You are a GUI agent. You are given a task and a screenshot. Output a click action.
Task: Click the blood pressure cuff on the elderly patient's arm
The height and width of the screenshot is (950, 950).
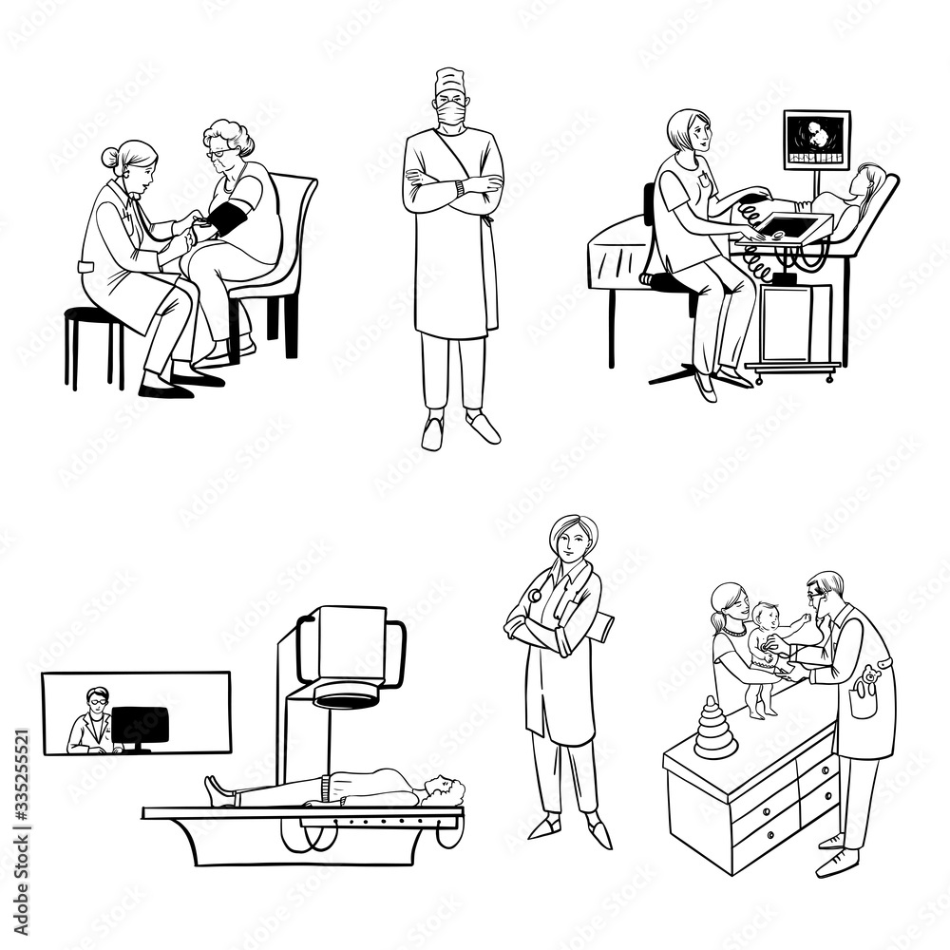click(228, 218)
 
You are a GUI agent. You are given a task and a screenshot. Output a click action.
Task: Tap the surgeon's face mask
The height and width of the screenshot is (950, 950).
click(450, 119)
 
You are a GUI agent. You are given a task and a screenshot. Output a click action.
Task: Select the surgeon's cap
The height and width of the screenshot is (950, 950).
click(449, 81)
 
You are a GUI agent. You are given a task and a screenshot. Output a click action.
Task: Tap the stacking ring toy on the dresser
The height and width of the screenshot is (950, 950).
click(715, 728)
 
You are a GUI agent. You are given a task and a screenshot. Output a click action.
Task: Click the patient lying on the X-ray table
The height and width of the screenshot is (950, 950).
click(332, 788)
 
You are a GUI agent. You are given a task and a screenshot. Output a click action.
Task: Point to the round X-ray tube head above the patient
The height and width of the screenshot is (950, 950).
click(347, 698)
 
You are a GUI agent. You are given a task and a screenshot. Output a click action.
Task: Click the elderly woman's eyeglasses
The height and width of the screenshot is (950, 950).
click(218, 153)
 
